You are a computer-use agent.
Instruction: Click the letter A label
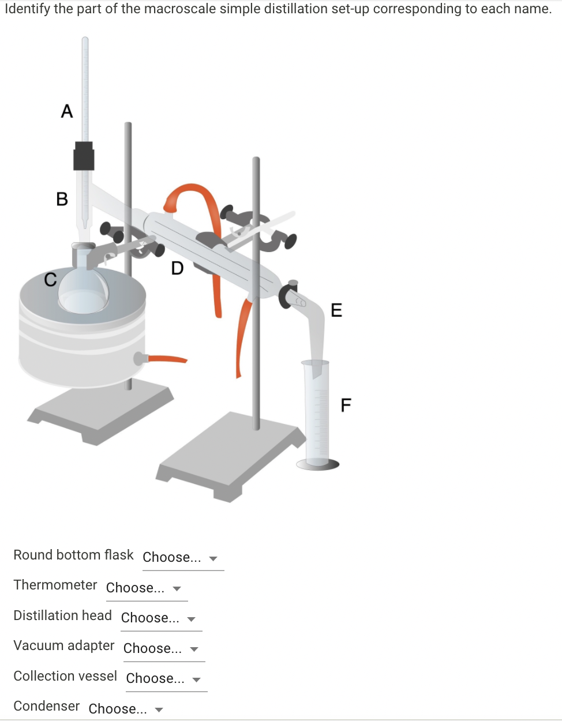click(67, 111)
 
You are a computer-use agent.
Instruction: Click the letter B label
click(62, 199)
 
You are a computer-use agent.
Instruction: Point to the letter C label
click(50, 280)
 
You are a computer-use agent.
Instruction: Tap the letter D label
click(177, 268)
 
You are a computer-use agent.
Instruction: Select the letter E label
click(336, 310)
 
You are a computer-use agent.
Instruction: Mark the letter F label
click(346, 405)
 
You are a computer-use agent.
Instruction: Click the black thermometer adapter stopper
click(84, 156)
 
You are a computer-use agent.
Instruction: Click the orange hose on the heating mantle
click(167, 359)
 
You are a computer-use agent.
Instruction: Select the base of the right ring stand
click(231, 456)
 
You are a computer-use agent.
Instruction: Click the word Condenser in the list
click(47, 706)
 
